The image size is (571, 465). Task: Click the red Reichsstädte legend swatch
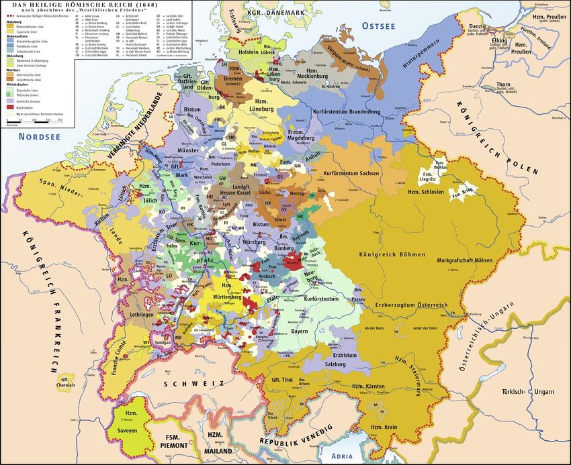(x=9, y=105)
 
